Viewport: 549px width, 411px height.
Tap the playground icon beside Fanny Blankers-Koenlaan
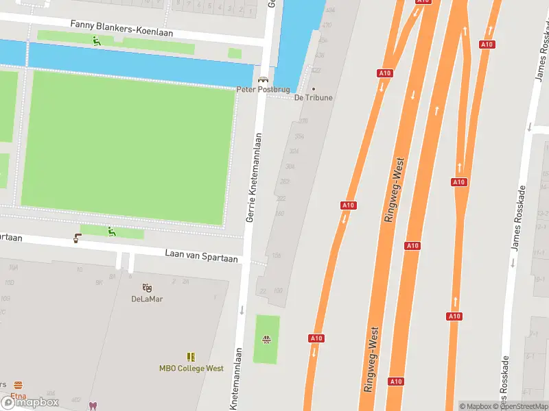tap(97, 40)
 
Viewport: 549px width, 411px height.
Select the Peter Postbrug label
tap(263, 89)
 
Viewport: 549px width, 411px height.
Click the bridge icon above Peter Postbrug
tap(263, 79)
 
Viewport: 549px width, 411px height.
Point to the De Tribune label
tap(314, 97)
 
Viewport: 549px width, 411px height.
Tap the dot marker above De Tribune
tap(314, 88)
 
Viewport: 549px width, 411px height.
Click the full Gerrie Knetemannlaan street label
tap(255, 176)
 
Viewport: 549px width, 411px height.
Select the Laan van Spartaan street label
tap(201, 255)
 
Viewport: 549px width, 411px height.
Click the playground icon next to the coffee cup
tap(112, 232)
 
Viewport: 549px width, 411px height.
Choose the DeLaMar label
tap(147, 299)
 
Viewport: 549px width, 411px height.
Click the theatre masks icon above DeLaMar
tap(147, 288)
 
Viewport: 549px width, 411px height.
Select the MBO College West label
tap(191, 368)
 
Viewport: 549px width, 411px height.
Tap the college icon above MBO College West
tap(191, 357)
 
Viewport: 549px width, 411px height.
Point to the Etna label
tap(18, 395)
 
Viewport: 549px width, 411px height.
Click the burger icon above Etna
tap(18, 385)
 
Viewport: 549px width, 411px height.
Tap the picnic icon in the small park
tap(266, 339)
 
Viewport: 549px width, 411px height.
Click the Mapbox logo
tap(30, 403)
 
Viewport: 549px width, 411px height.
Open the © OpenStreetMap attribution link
tap(525, 406)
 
